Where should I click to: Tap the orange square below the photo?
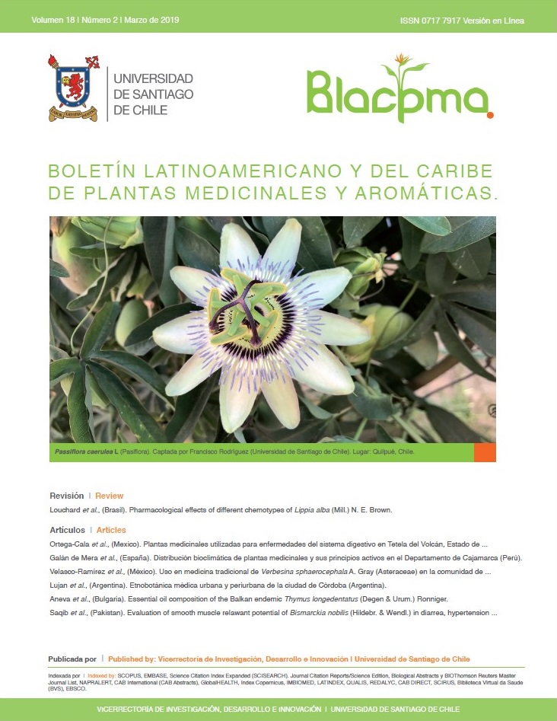click(x=485, y=452)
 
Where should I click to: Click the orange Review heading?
click(x=109, y=495)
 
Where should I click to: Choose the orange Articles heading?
click(x=111, y=530)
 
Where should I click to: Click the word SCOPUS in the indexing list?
click(x=149, y=675)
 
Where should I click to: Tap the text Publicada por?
click(x=72, y=659)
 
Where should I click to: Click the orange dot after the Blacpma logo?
click(x=490, y=116)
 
